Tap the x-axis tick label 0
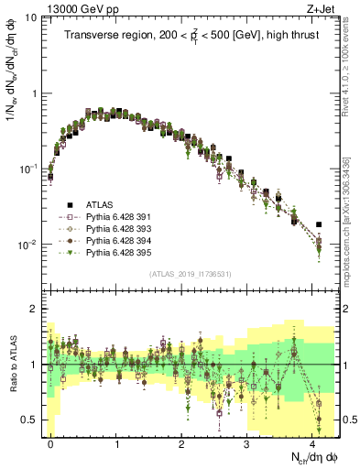50,442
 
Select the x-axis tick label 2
181,442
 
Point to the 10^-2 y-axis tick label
27,245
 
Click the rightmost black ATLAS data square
319,224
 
